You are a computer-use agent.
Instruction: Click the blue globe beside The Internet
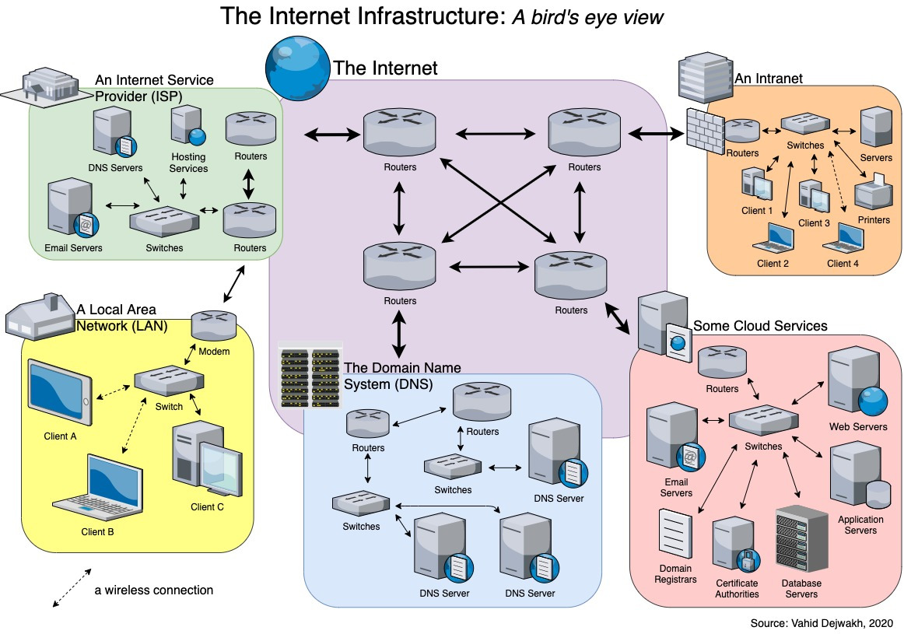pos(297,68)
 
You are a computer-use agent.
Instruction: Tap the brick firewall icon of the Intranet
pos(705,131)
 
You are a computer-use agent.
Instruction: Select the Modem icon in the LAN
pos(214,326)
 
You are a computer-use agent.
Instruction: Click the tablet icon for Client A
pos(59,392)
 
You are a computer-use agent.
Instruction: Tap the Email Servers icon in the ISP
pos(72,208)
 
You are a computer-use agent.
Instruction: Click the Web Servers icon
pos(857,381)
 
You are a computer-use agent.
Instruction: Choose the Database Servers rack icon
pos(801,539)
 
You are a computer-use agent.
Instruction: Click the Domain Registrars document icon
pos(675,534)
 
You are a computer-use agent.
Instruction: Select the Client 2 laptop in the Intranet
pos(773,237)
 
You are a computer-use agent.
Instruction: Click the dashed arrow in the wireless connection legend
pos(72,588)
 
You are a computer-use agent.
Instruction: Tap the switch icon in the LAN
pos(169,380)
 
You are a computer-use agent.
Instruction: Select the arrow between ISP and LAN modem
pos(234,284)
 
